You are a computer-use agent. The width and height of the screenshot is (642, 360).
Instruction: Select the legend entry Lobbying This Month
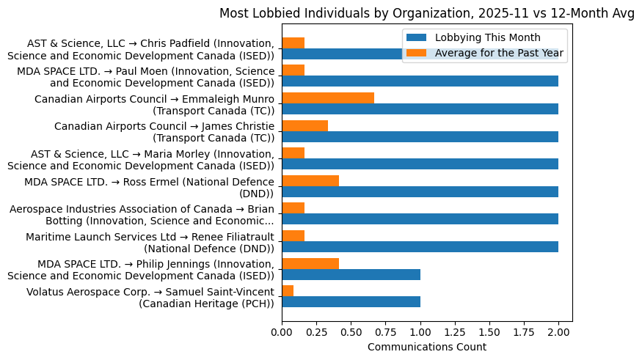[x=487, y=37]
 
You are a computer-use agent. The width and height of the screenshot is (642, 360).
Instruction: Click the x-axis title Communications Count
[x=426, y=346]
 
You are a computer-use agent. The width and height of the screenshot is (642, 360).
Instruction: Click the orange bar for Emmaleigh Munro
[x=328, y=98]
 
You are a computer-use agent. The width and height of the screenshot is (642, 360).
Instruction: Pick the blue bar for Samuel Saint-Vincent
[x=351, y=302]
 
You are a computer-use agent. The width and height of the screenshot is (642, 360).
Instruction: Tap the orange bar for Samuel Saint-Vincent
[x=288, y=291]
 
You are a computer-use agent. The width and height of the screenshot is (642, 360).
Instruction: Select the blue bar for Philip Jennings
[x=351, y=274]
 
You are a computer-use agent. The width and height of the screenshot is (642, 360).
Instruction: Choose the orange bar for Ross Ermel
[x=310, y=180]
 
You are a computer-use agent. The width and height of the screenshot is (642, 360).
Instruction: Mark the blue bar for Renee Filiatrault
[x=420, y=247]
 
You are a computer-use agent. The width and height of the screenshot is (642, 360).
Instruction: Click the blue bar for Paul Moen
[x=420, y=81]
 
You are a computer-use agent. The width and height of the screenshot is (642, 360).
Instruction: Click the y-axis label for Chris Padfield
[x=141, y=49]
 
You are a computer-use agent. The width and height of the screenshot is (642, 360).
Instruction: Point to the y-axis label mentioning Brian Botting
[x=142, y=215]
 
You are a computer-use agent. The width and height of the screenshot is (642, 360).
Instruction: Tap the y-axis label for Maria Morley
[x=141, y=159]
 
